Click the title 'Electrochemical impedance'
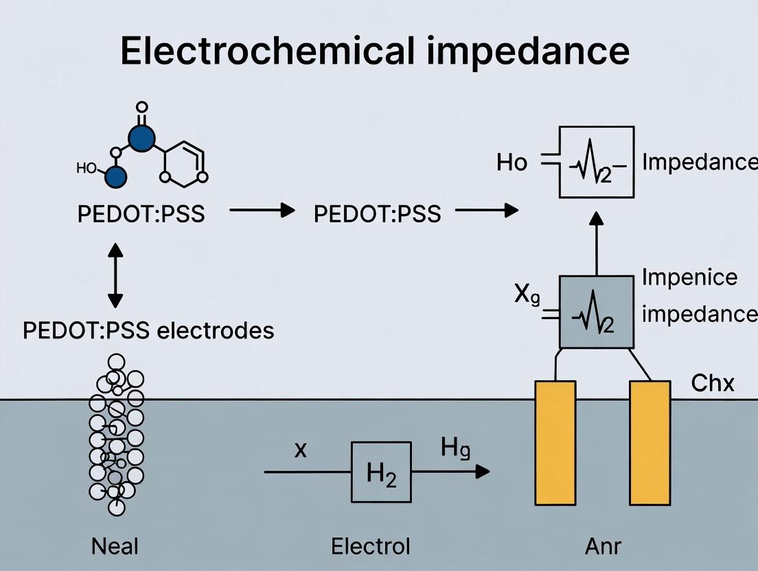point(375,51)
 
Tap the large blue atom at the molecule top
point(141,139)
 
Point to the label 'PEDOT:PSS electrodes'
point(148,330)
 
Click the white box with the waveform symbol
point(596,163)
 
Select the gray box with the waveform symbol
point(596,312)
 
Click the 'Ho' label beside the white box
point(512,163)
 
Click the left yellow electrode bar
point(555,443)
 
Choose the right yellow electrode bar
point(650,443)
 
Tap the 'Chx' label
point(712,383)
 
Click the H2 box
point(381,472)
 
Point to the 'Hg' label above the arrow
point(455,450)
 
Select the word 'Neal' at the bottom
point(115,546)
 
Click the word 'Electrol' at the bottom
point(370,546)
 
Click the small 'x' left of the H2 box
point(299,451)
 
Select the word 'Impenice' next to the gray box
point(689,277)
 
